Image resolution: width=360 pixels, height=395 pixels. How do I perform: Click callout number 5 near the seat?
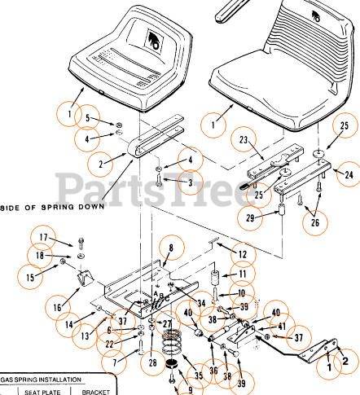97,118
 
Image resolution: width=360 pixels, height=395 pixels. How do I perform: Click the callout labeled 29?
249,218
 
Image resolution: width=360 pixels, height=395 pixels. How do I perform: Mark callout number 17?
46,238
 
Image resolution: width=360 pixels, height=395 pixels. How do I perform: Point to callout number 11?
239,274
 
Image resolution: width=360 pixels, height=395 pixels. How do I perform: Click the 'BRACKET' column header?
95,391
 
